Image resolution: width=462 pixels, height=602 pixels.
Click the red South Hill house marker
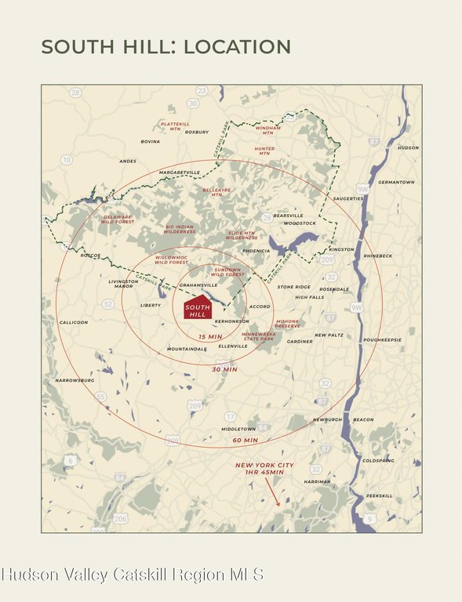point(198,310)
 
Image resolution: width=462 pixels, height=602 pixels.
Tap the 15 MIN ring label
point(210,335)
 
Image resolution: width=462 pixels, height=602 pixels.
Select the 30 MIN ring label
point(224,368)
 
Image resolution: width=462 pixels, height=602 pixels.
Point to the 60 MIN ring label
point(245,440)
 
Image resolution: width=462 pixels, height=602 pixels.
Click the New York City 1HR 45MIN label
point(265,468)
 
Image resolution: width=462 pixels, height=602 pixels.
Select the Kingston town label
point(342,249)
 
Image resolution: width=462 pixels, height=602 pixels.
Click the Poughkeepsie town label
point(381,339)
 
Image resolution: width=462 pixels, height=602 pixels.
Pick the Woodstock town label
point(300,223)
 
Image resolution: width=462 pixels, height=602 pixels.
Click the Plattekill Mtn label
point(175,125)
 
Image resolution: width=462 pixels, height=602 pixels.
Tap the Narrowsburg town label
point(75,380)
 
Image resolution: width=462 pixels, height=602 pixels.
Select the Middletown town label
point(238,429)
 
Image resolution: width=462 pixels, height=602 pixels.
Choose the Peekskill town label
point(379,495)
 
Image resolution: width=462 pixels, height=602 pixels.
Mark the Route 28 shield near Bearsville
point(267,217)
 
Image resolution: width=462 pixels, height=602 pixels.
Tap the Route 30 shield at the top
point(193,103)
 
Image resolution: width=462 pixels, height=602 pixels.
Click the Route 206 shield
point(120,518)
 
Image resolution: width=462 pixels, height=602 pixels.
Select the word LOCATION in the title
point(237,46)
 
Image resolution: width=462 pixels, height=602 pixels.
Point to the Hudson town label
point(408,147)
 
